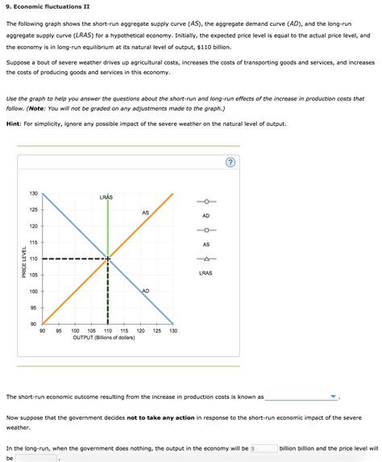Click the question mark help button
click(x=230, y=162)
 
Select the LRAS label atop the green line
click(x=106, y=197)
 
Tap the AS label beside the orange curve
click(x=145, y=212)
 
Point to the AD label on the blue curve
click(x=145, y=291)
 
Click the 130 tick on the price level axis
click(x=33, y=194)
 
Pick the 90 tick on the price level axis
click(x=33, y=324)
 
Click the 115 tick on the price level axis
click(x=33, y=242)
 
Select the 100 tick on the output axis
click(x=75, y=331)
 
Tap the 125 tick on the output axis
click(x=156, y=331)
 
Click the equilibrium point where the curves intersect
click(x=107, y=258)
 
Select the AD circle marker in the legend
click(x=206, y=202)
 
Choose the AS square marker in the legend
click(x=206, y=230)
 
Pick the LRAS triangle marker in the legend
click(x=206, y=259)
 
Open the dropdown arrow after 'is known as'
click(x=334, y=397)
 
